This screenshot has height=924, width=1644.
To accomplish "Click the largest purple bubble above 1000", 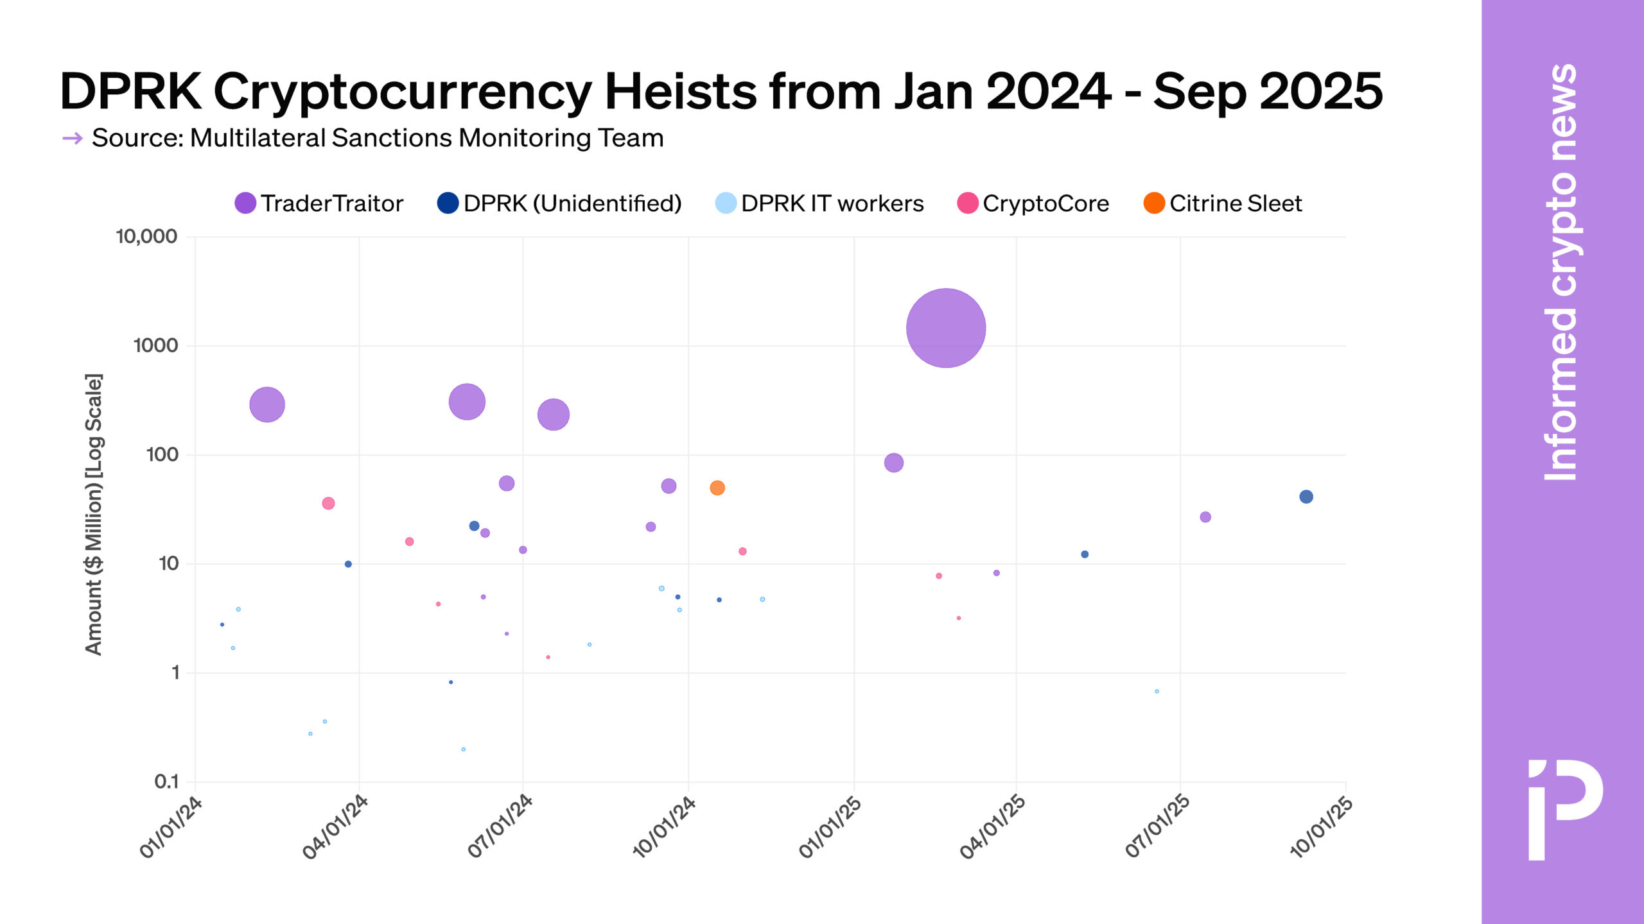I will (945, 328).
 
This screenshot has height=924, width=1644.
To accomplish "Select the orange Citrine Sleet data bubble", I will (717, 488).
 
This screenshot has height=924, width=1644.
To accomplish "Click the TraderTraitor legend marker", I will (245, 203).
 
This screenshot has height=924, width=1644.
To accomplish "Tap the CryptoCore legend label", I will (1045, 203).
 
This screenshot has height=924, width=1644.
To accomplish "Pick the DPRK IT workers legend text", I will (832, 203).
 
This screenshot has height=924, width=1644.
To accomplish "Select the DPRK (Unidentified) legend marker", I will (448, 203).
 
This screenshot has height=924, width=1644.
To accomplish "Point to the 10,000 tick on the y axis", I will (146, 236).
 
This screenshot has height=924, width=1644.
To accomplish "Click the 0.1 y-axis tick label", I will (166, 782).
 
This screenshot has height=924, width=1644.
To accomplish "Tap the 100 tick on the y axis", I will (162, 454).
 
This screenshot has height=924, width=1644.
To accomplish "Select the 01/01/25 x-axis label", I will (830, 828).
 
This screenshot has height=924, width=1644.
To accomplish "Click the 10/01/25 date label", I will (1322, 828).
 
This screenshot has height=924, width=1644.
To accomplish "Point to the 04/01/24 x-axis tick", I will (335, 828).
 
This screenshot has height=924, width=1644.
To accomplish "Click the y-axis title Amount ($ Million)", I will (94, 514).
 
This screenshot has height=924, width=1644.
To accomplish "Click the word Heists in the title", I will (681, 92).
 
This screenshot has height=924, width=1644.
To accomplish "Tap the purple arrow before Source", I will (73, 138).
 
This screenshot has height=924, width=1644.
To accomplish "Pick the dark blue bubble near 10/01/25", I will (1306, 497).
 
